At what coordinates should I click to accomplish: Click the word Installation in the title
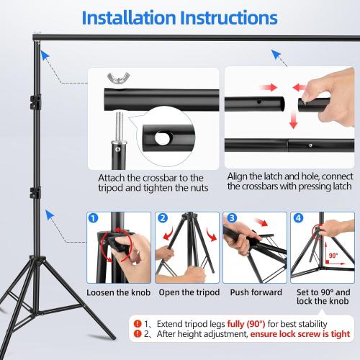[x=129, y=17]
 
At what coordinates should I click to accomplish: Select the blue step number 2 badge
[x=163, y=217]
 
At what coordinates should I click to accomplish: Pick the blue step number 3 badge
[x=230, y=217]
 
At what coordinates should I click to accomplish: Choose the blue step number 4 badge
[x=298, y=217]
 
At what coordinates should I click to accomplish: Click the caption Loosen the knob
[x=118, y=293]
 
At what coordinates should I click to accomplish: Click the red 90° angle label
[x=333, y=254]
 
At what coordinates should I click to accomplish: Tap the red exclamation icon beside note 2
[x=136, y=334]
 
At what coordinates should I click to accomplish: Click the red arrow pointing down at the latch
[x=292, y=123]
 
